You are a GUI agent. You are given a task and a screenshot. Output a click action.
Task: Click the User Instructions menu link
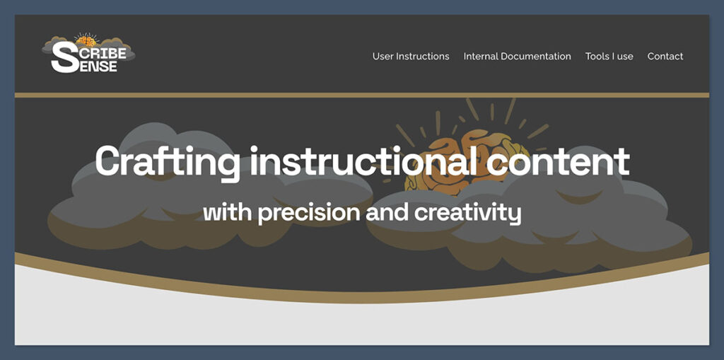(x=411, y=57)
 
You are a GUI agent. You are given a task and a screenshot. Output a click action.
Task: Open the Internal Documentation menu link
(x=517, y=57)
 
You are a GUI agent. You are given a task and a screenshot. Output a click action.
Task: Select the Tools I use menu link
(x=609, y=57)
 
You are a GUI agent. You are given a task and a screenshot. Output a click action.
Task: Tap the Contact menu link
(x=665, y=57)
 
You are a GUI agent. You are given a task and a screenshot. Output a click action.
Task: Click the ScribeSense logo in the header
(x=88, y=54)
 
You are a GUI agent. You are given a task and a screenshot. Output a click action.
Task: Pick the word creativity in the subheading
(x=468, y=212)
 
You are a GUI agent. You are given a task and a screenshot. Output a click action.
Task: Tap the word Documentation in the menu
(x=535, y=57)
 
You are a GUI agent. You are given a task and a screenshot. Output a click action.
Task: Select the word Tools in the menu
(x=597, y=57)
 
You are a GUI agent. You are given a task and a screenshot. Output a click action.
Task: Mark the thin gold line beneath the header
(x=362, y=95)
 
